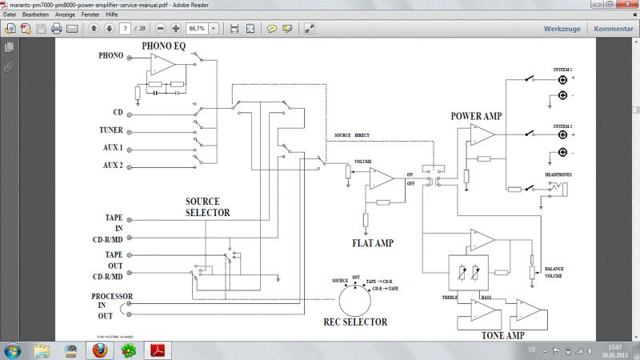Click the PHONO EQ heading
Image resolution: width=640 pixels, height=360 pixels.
point(164,46)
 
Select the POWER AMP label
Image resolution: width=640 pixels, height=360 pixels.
point(476,115)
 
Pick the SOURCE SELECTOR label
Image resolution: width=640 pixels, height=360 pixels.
point(208,207)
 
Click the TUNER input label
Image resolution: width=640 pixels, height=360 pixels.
point(111,130)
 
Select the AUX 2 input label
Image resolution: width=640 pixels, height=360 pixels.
point(112,165)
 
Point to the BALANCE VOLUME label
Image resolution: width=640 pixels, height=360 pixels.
point(555,273)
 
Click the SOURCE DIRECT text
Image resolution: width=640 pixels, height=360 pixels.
point(353,135)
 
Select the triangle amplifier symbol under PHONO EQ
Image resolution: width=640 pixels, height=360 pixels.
point(164,64)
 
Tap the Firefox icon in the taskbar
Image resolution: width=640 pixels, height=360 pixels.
point(100,350)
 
